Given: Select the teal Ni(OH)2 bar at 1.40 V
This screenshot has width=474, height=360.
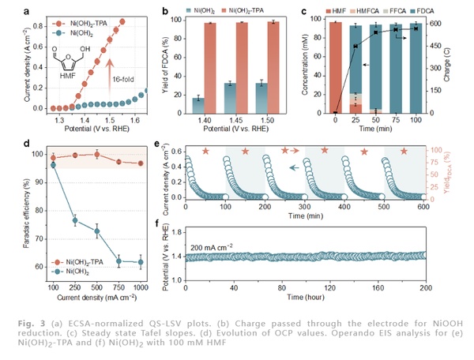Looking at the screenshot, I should tap(199, 104).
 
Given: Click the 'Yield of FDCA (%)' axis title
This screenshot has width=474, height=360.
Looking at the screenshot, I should tap(163, 62).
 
